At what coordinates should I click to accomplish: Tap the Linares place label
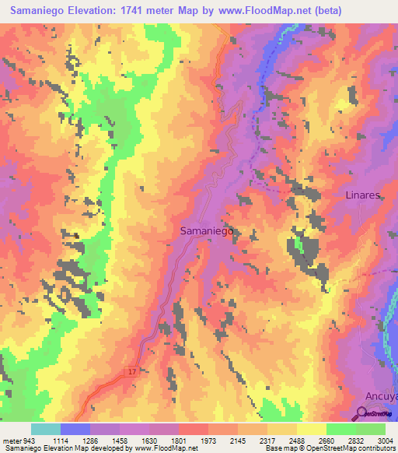362,195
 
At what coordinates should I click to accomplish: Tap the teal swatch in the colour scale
45,429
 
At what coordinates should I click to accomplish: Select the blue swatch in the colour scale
75,429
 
